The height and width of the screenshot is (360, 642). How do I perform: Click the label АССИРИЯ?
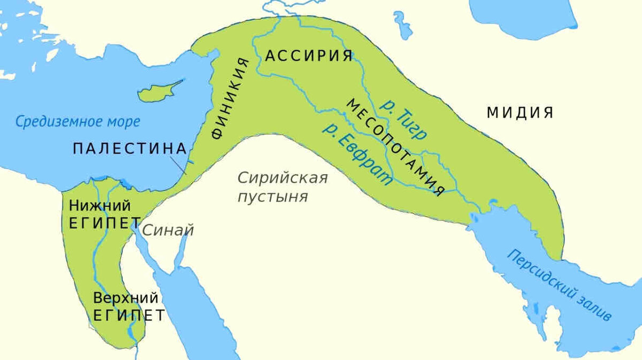pyautogui.click(x=309, y=56)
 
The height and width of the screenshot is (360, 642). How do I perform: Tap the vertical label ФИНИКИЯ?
pyautogui.click(x=230, y=98)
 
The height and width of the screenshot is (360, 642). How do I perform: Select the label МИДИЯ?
pyautogui.click(x=519, y=113)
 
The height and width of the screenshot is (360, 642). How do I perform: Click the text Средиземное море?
pyautogui.click(x=78, y=121)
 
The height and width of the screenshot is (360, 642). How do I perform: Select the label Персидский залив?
pyautogui.click(x=559, y=285)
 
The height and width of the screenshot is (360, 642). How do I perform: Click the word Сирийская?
pyautogui.click(x=282, y=178)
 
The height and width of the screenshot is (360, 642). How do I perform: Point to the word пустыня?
pyautogui.click(x=273, y=196)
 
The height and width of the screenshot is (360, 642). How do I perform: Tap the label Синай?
pyautogui.click(x=167, y=231)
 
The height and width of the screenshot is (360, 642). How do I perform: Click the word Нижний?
pyautogui.click(x=100, y=205)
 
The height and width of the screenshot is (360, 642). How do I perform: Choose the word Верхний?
pyautogui.click(x=126, y=297)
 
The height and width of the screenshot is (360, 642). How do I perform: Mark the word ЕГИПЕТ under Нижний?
pyautogui.click(x=105, y=223)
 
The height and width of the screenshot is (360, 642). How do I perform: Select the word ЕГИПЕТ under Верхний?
pyautogui.click(x=128, y=315)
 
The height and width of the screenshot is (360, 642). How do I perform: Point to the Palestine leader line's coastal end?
pyautogui.click(x=185, y=173)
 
